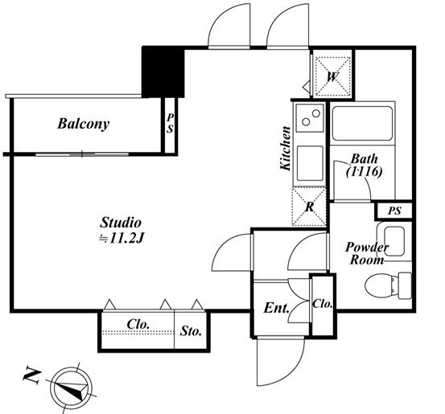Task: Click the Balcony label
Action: [x=84, y=124]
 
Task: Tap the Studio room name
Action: [x=121, y=223]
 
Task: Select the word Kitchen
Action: [x=286, y=148]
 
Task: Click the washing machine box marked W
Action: [x=332, y=76]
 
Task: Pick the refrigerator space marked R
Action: [x=309, y=207]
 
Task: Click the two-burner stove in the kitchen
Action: [x=310, y=117]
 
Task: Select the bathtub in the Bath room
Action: [x=362, y=123]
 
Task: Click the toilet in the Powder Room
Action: [x=388, y=286]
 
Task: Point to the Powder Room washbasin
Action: [x=394, y=241]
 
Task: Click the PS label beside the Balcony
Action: [x=170, y=123]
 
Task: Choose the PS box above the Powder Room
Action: [x=394, y=211]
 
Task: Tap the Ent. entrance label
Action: [x=277, y=308]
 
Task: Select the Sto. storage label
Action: [x=191, y=331]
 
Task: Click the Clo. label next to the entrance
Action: [x=323, y=304]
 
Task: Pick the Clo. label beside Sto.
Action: [x=138, y=324]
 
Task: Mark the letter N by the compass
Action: [x=32, y=376]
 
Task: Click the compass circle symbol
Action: [x=72, y=387]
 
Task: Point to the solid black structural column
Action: [x=163, y=72]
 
